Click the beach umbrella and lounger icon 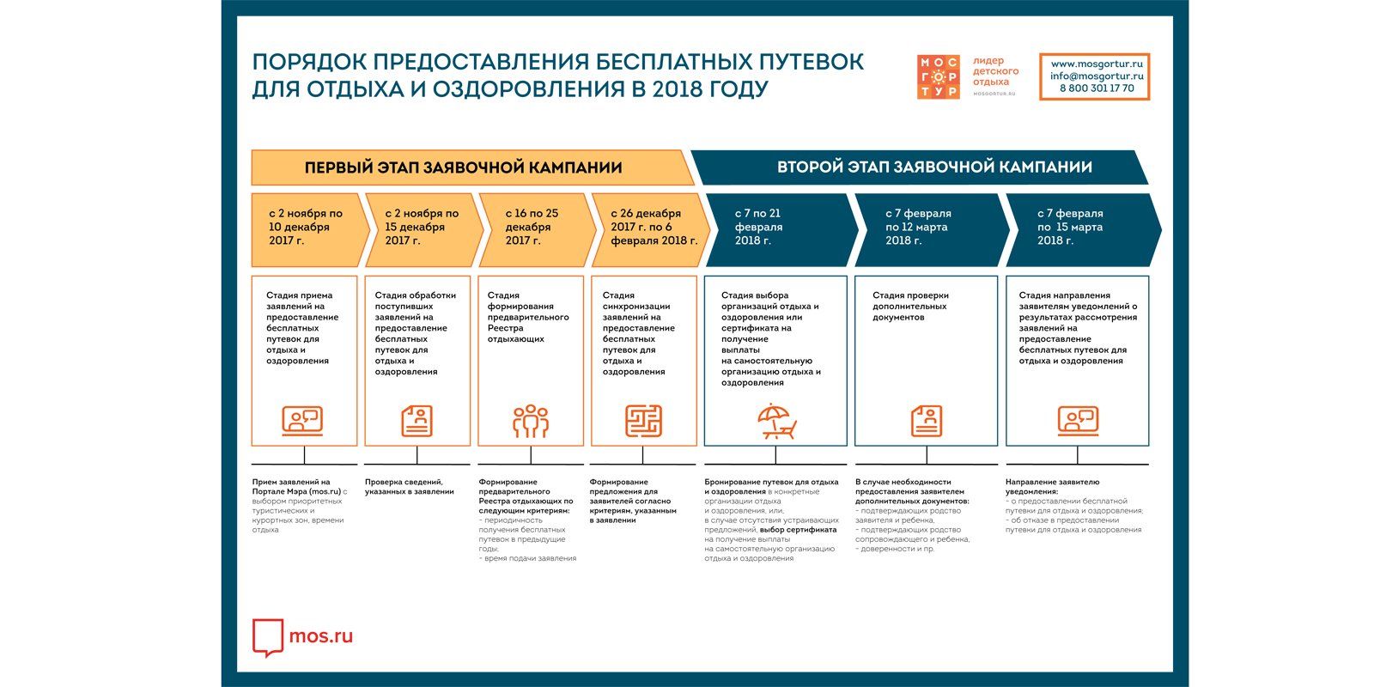click(776, 422)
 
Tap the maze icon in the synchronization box click(643, 421)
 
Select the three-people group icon click(531, 421)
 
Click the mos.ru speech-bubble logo click(267, 637)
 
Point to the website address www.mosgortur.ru click(1097, 64)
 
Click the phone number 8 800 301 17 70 click(1097, 88)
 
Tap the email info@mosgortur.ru click(1097, 76)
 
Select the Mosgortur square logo click(938, 76)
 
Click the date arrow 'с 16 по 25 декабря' click(537, 230)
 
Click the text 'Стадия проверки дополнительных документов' click(910, 306)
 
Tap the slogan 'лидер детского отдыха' click(995, 71)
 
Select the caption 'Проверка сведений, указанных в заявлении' click(409, 487)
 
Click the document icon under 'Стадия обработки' click(417, 421)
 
